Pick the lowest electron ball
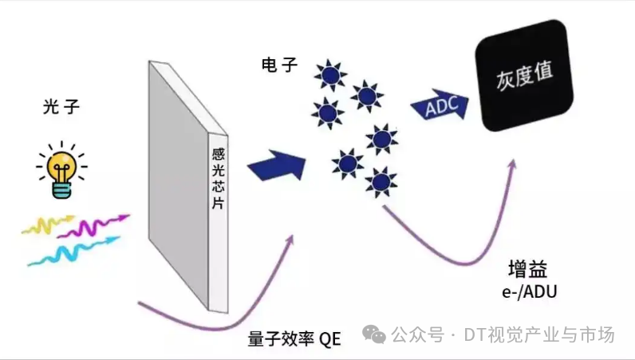[x=381, y=181]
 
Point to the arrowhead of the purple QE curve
[x=290, y=240]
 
